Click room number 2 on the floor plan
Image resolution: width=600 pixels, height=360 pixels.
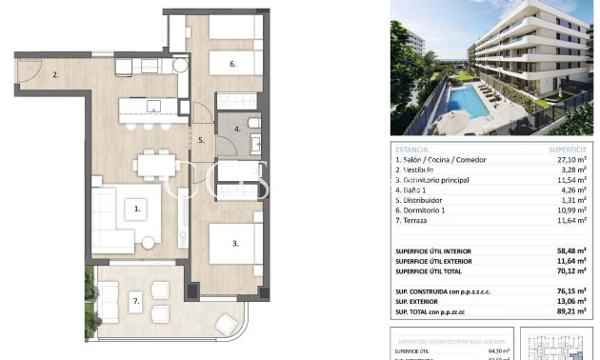click(x=56, y=73)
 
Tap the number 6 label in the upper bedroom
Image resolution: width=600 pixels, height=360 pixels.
click(x=230, y=65)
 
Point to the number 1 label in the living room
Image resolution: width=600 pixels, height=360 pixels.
click(x=137, y=206)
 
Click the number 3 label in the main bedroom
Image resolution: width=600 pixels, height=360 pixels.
click(x=234, y=244)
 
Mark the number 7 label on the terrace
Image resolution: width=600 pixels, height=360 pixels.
click(x=135, y=303)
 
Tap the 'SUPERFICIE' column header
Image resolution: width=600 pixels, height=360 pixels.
click(x=568, y=150)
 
